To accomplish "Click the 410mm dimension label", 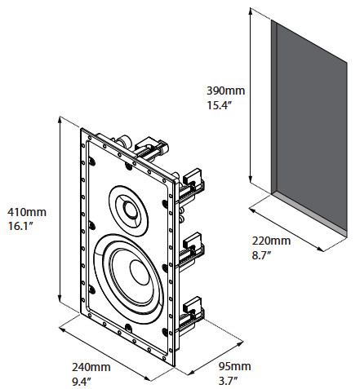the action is [27, 212].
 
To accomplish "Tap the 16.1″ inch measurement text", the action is [20, 226].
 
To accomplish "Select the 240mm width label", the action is [91, 367].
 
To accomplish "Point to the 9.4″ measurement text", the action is [81, 382].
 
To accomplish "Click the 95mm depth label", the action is [234, 366].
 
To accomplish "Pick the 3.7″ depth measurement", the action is [228, 381].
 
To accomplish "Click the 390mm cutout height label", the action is [225, 91].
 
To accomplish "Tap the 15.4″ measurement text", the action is [220, 105].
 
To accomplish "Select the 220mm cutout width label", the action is [271, 241].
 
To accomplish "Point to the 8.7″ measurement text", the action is [261, 255].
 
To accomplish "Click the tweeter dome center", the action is [131, 210].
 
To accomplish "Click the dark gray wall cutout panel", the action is [311, 128].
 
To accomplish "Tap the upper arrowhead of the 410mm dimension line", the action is [60, 120].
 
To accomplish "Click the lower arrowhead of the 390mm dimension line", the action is [251, 180].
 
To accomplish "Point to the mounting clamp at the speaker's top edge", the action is [151, 148].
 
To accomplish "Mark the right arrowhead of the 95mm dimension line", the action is [240, 340].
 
